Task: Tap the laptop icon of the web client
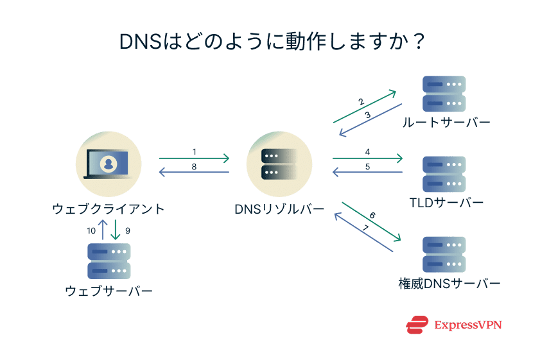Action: coord(108,163)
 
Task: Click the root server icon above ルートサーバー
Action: coord(444,94)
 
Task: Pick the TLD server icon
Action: coord(444,173)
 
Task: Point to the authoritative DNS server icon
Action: coord(444,254)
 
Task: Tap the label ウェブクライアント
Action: coord(108,209)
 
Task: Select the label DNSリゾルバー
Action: coord(279,209)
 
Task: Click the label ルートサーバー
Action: coord(445,123)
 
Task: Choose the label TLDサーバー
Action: coord(446,203)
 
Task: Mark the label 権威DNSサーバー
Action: coord(449,283)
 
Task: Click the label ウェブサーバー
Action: coord(109,291)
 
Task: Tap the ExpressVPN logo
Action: coord(453,325)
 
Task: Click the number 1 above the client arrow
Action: coord(194,151)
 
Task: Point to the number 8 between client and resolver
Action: coord(194,167)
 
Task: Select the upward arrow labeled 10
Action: coord(103,230)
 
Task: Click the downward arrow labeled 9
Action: coord(116,230)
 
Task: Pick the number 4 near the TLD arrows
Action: coord(367,152)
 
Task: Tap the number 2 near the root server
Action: coord(362,101)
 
